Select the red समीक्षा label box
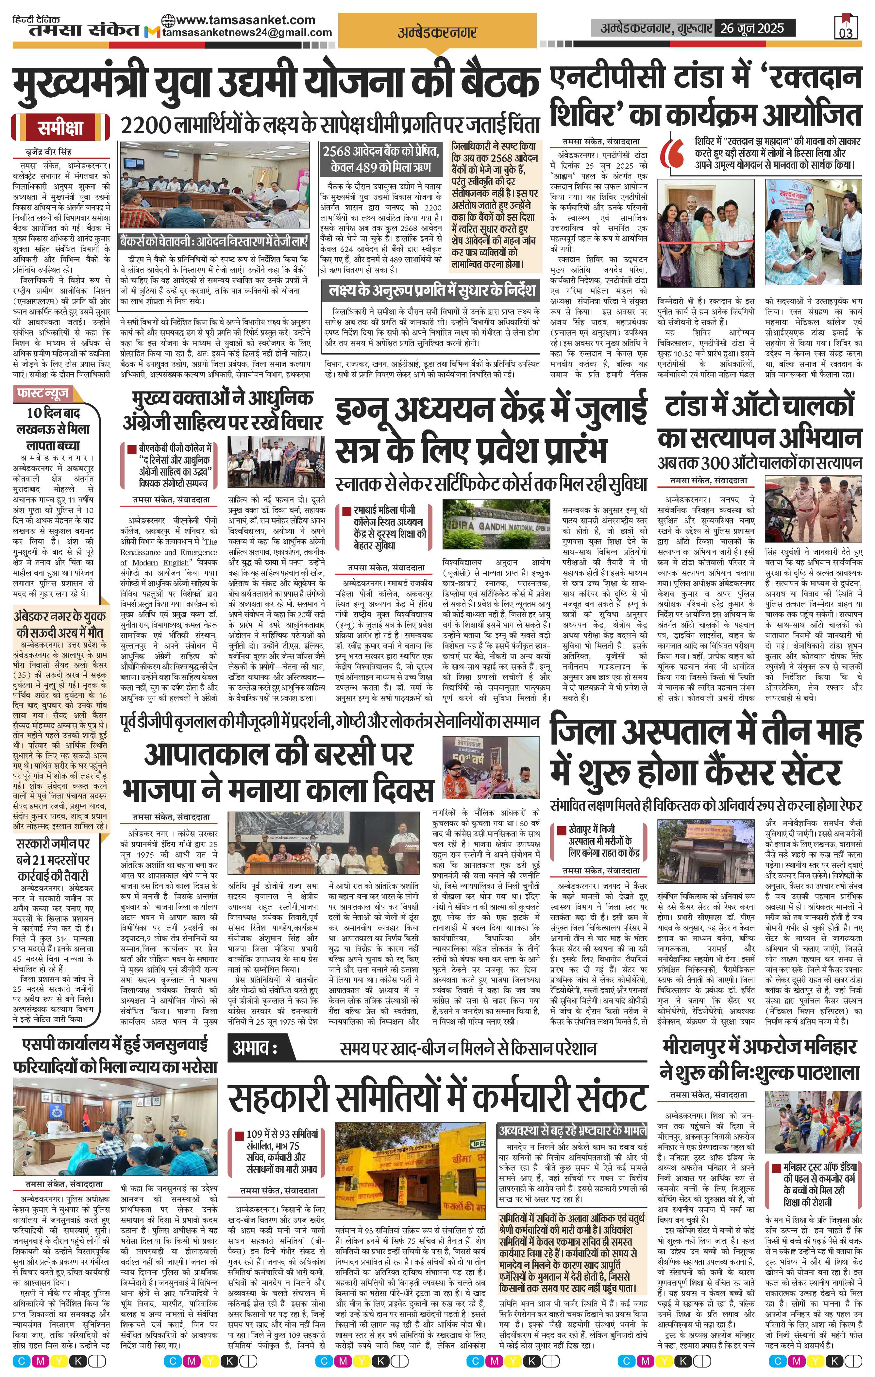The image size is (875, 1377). [x=60, y=127]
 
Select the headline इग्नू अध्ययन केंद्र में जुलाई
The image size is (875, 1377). [x=491, y=412]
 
